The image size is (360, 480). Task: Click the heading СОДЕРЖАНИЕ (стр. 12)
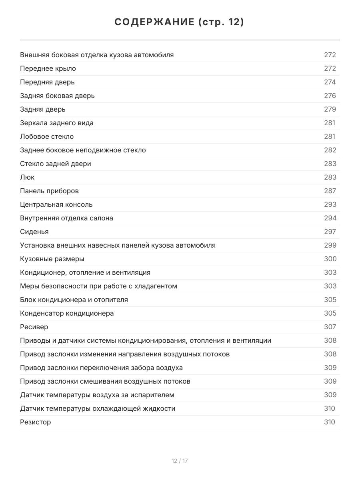coord(180,22)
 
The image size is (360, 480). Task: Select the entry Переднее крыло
coord(48,68)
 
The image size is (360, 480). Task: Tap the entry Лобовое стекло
coord(47,136)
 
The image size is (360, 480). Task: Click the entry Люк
coord(27,177)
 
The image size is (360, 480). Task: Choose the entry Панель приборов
coord(49,191)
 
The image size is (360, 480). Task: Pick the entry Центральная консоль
coord(56,204)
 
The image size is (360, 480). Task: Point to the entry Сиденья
coord(34,232)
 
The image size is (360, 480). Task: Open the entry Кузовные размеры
coord(52,259)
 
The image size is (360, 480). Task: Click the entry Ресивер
coord(34,327)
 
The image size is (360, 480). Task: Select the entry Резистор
coord(36,422)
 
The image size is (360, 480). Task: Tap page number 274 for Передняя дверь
coord(330,82)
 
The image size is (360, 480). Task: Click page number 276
coord(330,96)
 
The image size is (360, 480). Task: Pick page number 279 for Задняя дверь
coord(330,109)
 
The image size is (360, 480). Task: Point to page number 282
coord(330,150)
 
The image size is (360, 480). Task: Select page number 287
coord(330,191)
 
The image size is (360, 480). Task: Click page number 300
coord(330,259)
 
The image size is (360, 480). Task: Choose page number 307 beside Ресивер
coord(330,327)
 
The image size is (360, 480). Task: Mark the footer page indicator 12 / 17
coord(180,461)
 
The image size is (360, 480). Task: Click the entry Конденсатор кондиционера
coord(67,313)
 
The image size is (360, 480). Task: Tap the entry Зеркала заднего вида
coord(57,123)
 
